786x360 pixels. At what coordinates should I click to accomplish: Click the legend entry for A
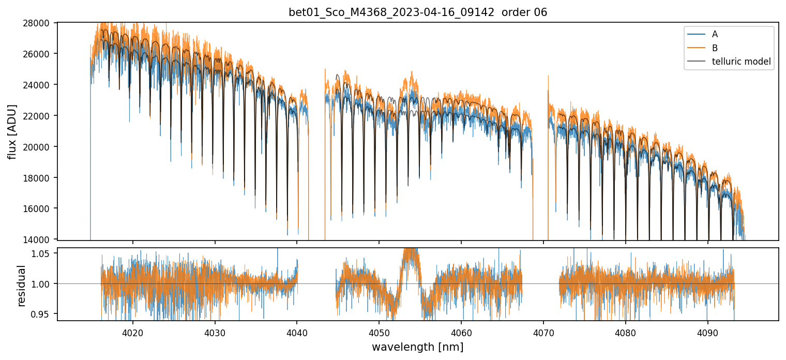[715, 34]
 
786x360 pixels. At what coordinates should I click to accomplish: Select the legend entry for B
[715, 48]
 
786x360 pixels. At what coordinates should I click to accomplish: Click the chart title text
[418, 12]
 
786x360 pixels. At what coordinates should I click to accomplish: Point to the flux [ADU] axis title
[12, 131]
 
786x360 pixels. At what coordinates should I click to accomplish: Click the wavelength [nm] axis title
[417, 347]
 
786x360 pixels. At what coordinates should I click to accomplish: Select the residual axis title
[22, 286]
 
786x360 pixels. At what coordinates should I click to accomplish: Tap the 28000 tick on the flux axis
[40, 23]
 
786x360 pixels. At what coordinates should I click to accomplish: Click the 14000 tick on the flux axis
[40, 239]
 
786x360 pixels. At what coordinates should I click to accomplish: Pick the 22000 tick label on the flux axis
[40, 116]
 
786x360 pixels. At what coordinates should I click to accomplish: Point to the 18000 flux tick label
[40, 178]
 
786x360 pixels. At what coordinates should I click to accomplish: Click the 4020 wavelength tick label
[132, 332]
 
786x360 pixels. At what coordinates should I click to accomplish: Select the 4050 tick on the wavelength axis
[379, 332]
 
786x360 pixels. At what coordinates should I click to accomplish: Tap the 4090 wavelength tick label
[707, 332]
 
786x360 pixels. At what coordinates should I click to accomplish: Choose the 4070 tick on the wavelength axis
[543, 332]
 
